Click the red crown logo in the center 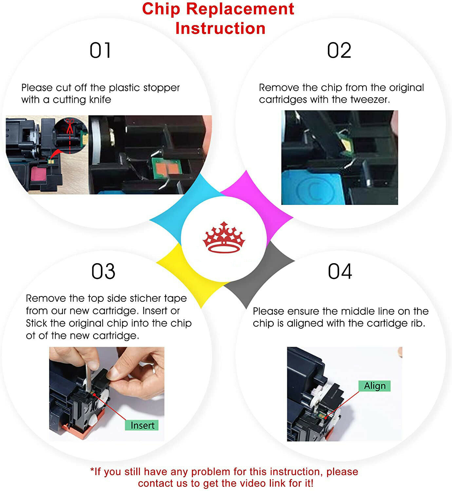(224, 237)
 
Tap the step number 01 (100, 50)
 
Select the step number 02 (339, 50)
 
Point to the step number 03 (103, 271)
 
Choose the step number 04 (340, 271)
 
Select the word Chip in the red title (161, 9)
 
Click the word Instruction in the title (220, 28)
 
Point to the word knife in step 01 (100, 100)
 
